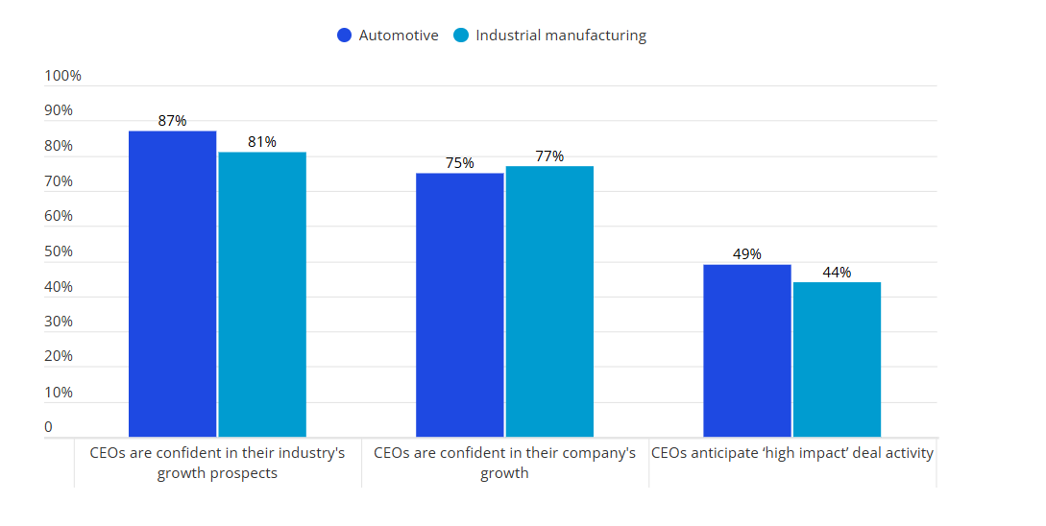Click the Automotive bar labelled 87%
click(173, 284)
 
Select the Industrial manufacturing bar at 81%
click(262, 295)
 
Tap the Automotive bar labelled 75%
click(460, 305)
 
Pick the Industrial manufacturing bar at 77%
click(549, 301)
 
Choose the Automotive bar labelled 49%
click(747, 351)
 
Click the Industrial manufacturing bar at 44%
click(837, 360)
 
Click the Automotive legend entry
click(388, 36)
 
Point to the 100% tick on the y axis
click(63, 76)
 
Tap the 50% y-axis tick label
click(60, 251)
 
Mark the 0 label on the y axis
click(49, 427)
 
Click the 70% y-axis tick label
click(60, 181)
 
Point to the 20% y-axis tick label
click(60, 356)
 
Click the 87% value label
click(173, 121)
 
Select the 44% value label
click(837, 273)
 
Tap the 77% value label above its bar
click(549, 156)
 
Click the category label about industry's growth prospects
click(217, 463)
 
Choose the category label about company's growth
click(504, 463)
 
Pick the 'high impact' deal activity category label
click(792, 453)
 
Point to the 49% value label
click(747, 254)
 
